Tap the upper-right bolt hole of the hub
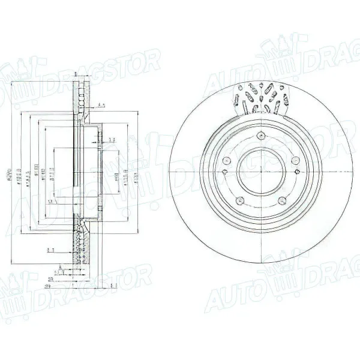(x=296, y=159)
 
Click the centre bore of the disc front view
(x=262, y=170)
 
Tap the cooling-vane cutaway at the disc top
(x=263, y=96)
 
